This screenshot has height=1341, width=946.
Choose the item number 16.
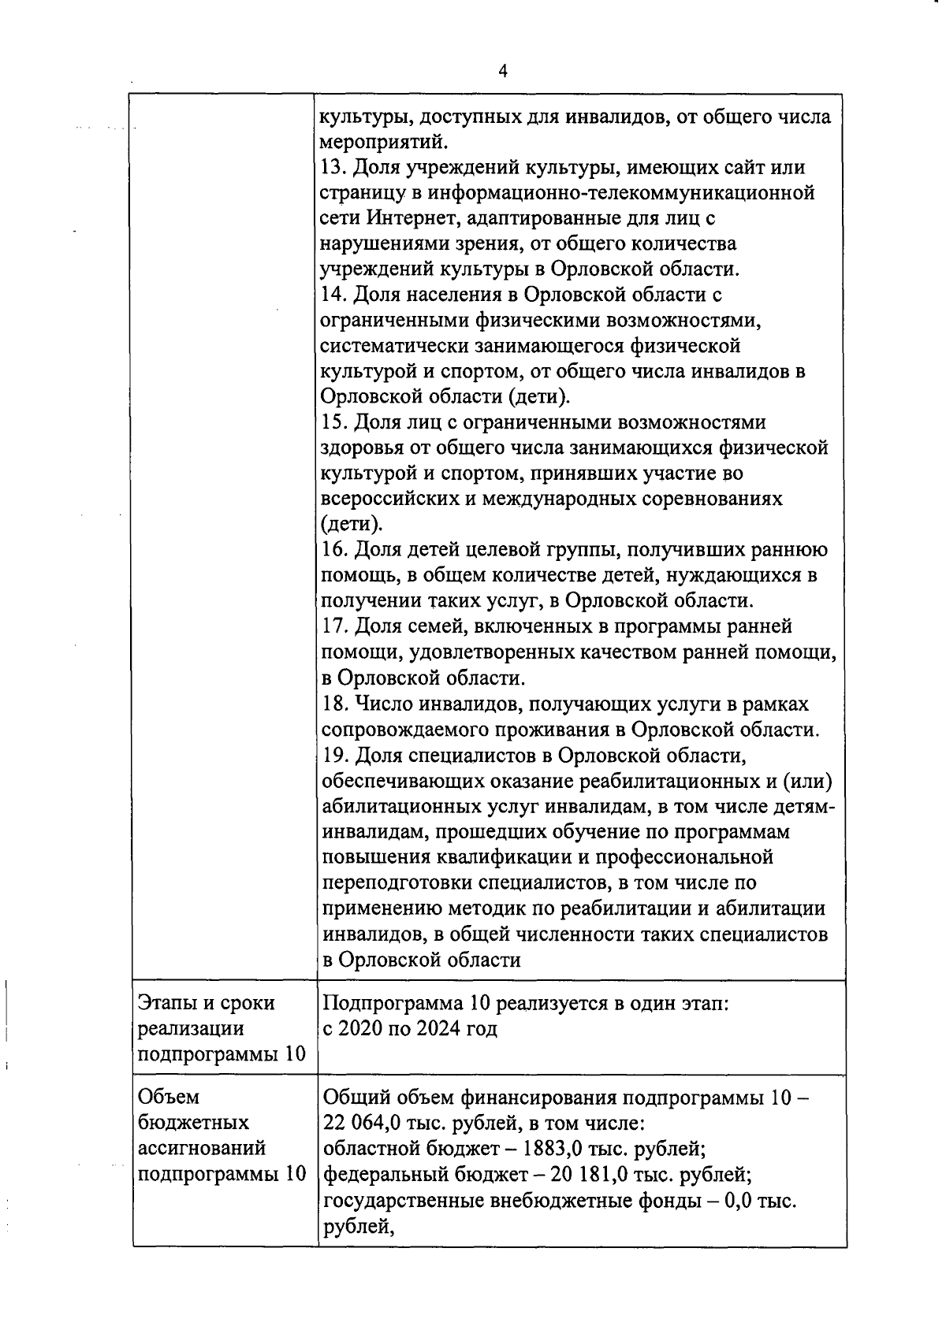click(334, 550)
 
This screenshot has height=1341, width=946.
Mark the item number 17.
click(334, 626)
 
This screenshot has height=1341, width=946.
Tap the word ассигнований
click(202, 1148)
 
